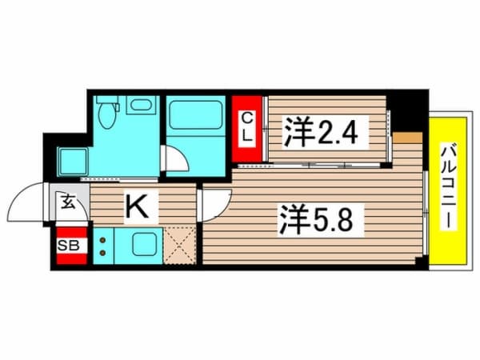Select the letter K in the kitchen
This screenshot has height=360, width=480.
pyautogui.click(x=137, y=209)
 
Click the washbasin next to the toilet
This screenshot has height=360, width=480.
pyautogui.click(x=142, y=106)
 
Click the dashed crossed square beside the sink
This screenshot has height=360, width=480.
pyautogui.click(x=181, y=245)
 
